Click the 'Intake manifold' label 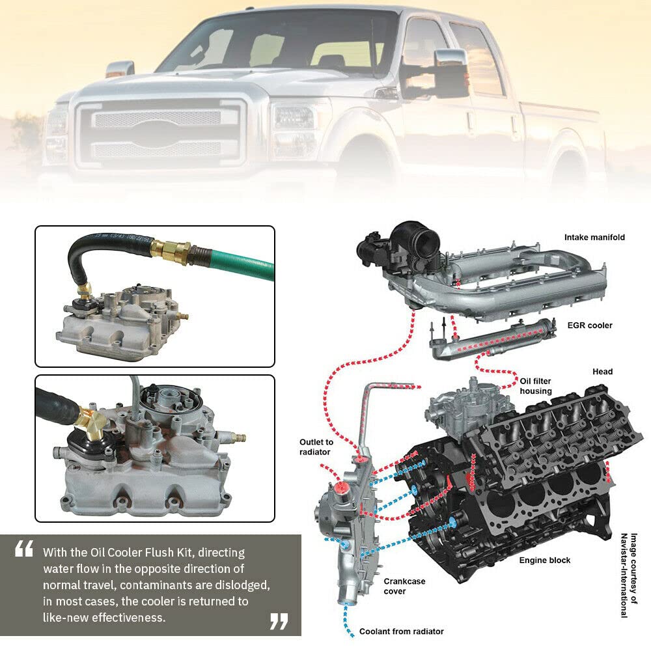(x=594, y=237)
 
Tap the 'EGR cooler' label (x=590, y=325)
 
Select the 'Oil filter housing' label (x=536, y=385)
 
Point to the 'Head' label (x=602, y=372)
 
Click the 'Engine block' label (x=545, y=560)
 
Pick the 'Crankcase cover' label (x=404, y=586)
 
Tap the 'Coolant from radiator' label (x=402, y=631)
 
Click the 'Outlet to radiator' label (x=316, y=447)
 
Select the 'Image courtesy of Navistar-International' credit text (x=629, y=575)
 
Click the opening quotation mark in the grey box (x=23, y=548)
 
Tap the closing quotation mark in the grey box (x=279, y=622)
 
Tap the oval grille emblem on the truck (x=158, y=133)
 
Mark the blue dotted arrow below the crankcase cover (x=348, y=620)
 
